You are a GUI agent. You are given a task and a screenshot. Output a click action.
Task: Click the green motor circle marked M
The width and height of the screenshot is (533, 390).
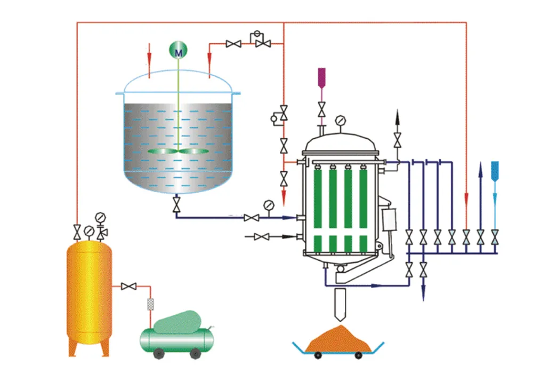pyautogui.click(x=179, y=51)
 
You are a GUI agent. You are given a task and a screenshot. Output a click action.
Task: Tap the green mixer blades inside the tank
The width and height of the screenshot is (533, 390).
pyautogui.click(x=179, y=152)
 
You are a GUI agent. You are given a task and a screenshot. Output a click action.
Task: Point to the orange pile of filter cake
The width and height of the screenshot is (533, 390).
pyautogui.click(x=339, y=340)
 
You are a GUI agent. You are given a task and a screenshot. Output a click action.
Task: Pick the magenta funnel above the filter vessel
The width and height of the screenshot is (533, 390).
pyautogui.click(x=321, y=77)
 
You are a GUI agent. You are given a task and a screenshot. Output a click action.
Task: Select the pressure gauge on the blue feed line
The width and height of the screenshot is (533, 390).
pyautogui.click(x=269, y=205)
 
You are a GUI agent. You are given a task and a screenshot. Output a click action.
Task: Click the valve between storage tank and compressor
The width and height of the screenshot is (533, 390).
pyautogui.click(x=128, y=286)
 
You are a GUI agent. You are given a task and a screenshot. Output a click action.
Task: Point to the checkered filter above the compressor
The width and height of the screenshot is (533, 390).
pyautogui.click(x=150, y=305)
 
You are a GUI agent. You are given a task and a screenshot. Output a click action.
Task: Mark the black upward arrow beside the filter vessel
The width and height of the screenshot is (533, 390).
pyautogui.click(x=397, y=118)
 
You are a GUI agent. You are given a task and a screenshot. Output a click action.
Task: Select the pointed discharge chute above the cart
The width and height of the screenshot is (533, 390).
pyautogui.click(x=340, y=304)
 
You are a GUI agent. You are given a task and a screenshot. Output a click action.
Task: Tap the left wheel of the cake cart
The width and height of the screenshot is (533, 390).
pyautogui.click(x=318, y=356)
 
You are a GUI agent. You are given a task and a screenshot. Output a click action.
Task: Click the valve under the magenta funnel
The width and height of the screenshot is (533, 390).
pyautogui.click(x=321, y=110)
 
